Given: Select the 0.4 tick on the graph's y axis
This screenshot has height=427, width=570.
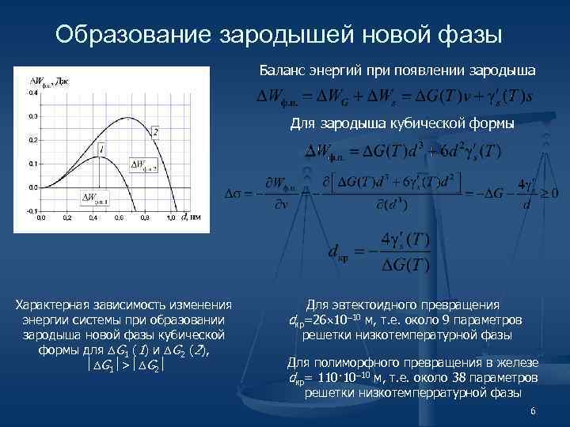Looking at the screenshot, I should [x=32, y=93].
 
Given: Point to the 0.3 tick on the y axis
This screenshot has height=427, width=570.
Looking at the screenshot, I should [x=32, y=116].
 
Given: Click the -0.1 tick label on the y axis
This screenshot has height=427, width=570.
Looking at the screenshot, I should [x=32, y=211].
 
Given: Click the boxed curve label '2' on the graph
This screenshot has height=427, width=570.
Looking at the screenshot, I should [x=155, y=131].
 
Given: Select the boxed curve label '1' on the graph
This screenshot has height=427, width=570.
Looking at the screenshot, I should [x=102, y=149].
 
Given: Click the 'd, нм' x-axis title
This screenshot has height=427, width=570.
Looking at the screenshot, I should [x=191, y=215].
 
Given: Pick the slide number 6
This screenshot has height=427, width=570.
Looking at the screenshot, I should [x=534, y=412].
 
